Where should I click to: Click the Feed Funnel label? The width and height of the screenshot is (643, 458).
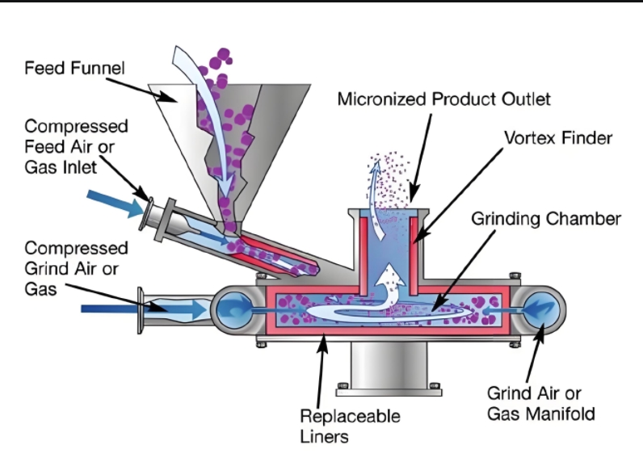click(x=74, y=68)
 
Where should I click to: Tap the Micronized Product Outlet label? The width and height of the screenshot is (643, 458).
click(x=443, y=99)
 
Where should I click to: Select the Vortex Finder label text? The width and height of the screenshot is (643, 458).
click(x=557, y=138)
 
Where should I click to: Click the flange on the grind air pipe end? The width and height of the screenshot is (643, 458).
click(x=145, y=309)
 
